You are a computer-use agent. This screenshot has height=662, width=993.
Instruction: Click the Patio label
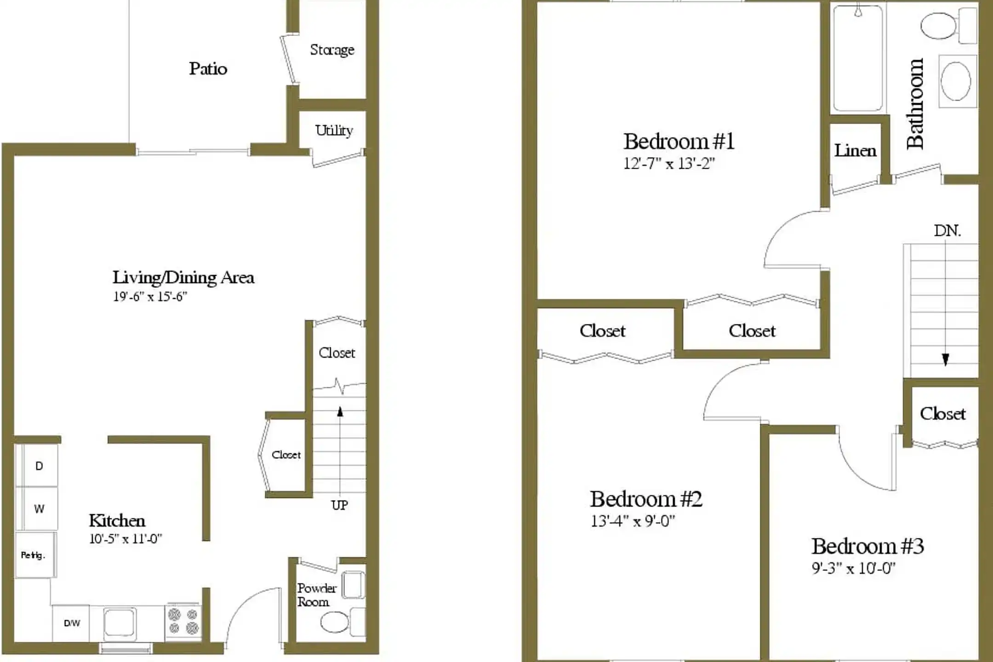click(x=208, y=69)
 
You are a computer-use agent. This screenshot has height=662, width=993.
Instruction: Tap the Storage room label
click(x=332, y=50)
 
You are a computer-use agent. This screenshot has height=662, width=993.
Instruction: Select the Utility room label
click(x=334, y=131)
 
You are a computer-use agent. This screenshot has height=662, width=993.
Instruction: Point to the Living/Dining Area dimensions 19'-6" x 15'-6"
click(x=150, y=297)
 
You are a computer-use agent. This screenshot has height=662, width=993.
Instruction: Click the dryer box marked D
click(x=39, y=466)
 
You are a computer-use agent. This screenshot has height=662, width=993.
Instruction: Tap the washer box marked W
click(x=39, y=509)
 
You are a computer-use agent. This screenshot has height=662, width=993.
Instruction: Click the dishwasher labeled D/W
click(x=72, y=623)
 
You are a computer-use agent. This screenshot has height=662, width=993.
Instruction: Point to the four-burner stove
click(x=183, y=621)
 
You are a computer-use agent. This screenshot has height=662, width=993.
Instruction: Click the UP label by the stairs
click(x=339, y=505)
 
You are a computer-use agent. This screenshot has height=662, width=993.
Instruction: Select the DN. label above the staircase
click(x=947, y=231)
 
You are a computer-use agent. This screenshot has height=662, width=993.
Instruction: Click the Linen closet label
click(x=855, y=151)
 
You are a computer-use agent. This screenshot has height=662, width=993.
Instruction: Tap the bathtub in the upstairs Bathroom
click(x=858, y=59)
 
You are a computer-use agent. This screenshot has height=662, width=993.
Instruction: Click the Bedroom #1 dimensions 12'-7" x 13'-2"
click(x=669, y=164)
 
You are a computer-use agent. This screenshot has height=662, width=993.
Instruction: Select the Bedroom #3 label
click(x=867, y=547)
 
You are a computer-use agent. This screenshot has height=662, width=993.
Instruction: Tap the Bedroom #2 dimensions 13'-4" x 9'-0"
click(x=633, y=521)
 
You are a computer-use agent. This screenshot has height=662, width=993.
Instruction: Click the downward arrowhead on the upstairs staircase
click(x=945, y=359)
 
